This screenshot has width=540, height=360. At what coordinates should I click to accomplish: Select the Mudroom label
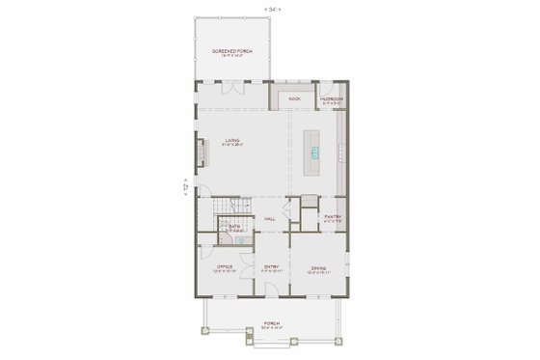click(x=332, y=97)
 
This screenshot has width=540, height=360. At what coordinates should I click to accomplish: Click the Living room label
click(x=232, y=141)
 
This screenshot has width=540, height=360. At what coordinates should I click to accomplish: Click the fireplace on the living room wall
click(x=202, y=152)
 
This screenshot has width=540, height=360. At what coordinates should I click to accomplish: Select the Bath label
click(x=233, y=227)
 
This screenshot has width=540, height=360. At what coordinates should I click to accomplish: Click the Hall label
click(x=272, y=219)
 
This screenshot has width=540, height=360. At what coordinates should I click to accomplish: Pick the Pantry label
click(x=333, y=217)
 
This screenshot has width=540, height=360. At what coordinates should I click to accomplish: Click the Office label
click(x=222, y=267)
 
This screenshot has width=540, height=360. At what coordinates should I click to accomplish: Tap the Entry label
click(x=272, y=267)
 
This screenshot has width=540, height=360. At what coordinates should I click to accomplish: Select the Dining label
click(x=318, y=267)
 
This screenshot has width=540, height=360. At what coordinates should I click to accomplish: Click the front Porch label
click(x=271, y=324)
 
